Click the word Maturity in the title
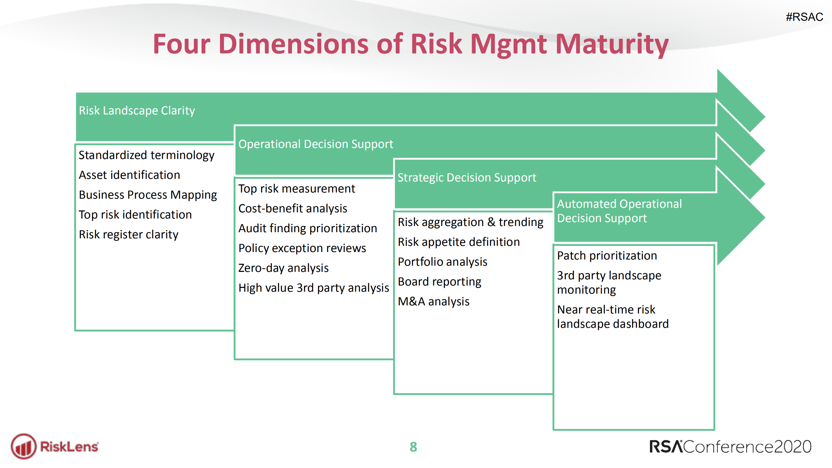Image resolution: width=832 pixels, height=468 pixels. coord(612,45)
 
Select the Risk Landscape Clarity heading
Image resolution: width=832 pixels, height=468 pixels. coord(137,111)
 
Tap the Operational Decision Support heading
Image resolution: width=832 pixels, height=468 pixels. coord(315,144)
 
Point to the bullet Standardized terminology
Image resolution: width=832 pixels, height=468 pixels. coord(146,155)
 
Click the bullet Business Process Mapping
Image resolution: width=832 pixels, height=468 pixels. coord(148,195)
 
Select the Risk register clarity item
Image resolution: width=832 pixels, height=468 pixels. coord(128,234)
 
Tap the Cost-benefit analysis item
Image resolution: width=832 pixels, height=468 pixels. coord(292,208)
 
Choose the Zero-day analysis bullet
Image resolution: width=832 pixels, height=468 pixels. coord(283,268)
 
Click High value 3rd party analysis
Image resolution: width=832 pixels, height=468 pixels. coord(313,288)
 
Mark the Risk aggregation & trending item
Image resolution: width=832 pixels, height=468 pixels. coord(470,222)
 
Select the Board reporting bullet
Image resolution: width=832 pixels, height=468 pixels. coord(439,282)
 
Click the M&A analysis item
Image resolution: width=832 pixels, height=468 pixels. coord(433,301)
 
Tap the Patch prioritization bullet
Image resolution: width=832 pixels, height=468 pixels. coord(607,256)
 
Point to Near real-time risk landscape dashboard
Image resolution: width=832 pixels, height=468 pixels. coord(613,316)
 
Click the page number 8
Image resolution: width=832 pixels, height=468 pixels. coord(413,447)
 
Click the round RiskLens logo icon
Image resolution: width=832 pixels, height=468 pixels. coord(23,447)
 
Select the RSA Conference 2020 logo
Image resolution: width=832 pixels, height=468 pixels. coord(730,447)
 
